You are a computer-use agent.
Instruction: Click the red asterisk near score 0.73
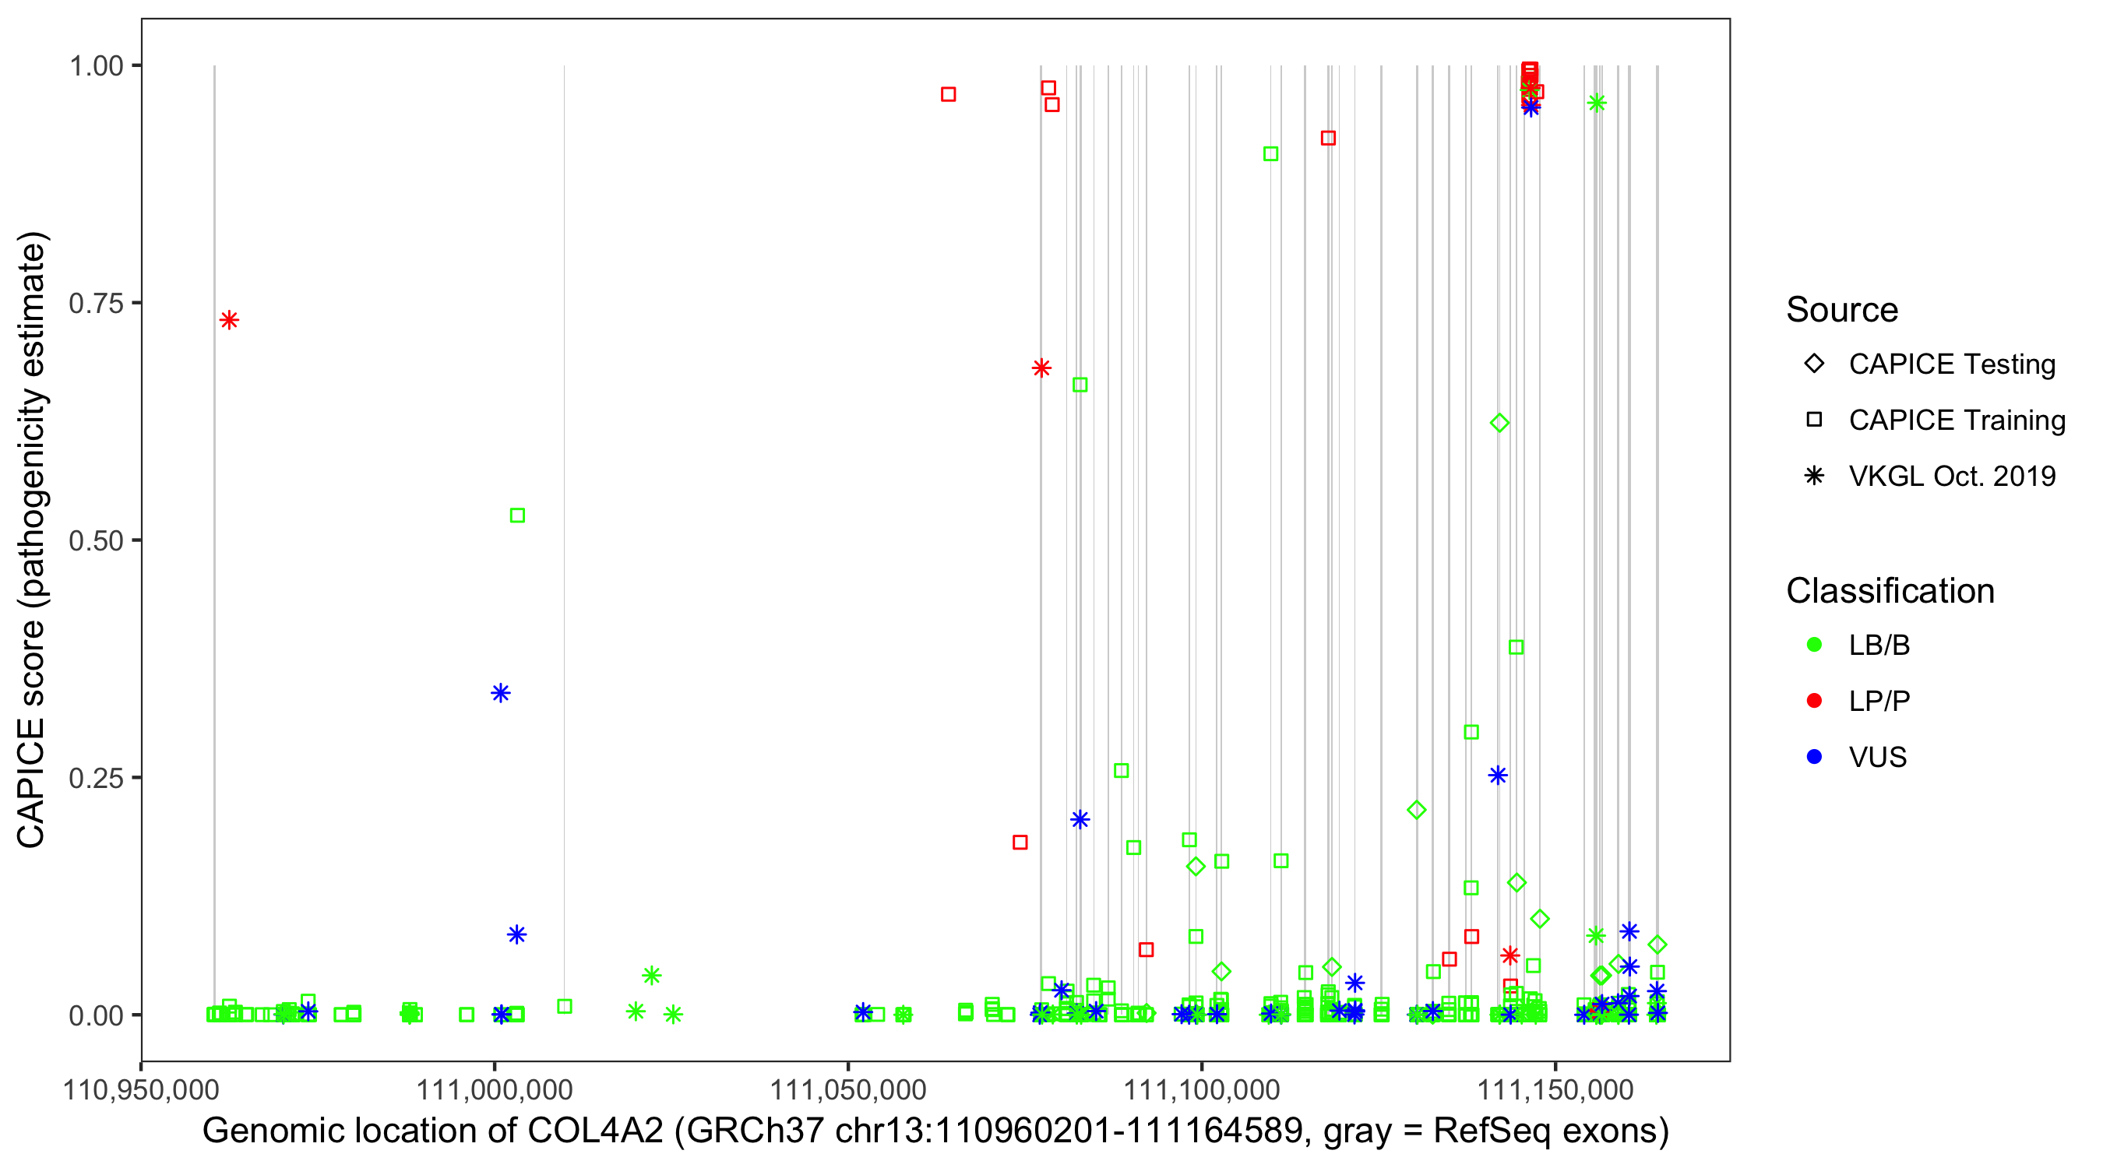point(230,320)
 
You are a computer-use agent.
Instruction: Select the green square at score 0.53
point(516,515)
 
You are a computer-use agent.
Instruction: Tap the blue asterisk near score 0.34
point(501,693)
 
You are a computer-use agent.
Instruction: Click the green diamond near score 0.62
point(1499,423)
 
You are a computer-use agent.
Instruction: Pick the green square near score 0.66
point(1080,385)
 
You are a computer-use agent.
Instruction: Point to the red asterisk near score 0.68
point(1041,368)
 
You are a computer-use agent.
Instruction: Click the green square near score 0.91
point(1270,153)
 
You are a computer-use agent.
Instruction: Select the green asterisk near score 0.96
point(1597,103)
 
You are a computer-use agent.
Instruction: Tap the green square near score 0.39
point(1516,647)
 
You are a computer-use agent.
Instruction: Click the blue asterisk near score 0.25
point(1497,776)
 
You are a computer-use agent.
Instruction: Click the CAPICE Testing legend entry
point(1951,364)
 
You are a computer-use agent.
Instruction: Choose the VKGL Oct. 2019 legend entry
point(1951,476)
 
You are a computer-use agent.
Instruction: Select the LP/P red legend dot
point(1814,701)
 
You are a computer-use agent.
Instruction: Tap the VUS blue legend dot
point(1814,757)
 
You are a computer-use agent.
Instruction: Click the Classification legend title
point(1890,591)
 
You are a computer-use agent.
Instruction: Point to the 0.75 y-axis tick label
point(96,304)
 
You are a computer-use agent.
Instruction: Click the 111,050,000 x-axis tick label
point(848,1089)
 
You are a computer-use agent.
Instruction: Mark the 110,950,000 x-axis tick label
point(141,1089)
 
